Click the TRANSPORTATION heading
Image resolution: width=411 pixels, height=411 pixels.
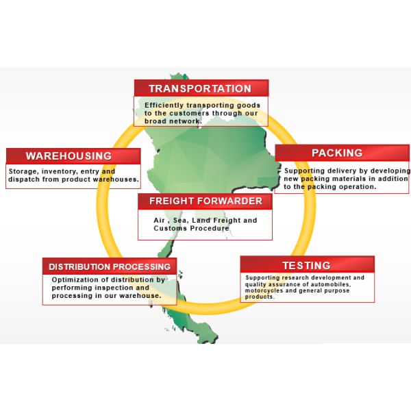coord(200,88)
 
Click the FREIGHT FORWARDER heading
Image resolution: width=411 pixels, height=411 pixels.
coord(206,201)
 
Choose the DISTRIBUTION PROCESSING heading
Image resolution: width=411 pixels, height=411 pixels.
coord(110,267)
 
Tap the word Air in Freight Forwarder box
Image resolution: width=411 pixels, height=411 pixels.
coord(160,221)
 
